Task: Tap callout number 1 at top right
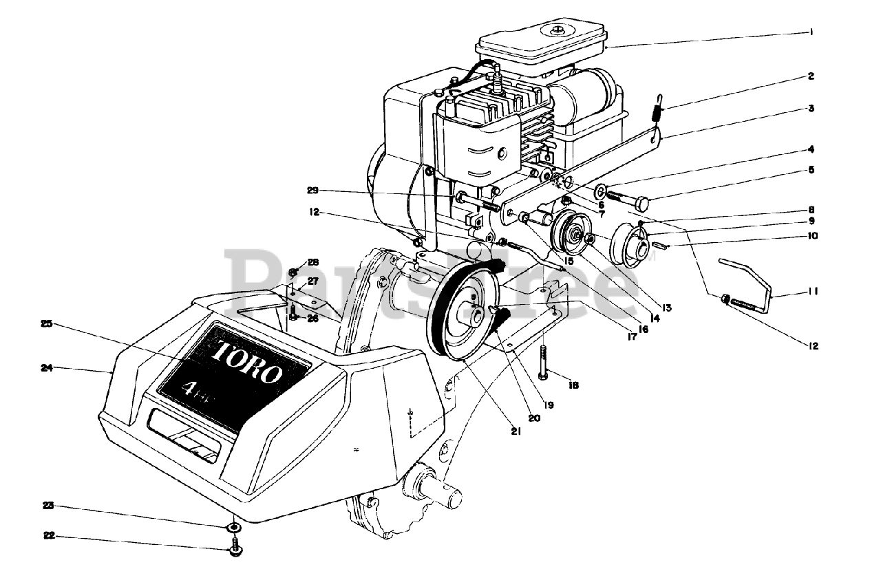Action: (812, 32)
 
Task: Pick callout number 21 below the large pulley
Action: (516, 432)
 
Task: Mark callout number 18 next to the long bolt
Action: (573, 385)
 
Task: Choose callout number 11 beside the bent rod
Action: (813, 292)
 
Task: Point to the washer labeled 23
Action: (234, 527)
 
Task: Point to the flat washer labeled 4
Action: (601, 189)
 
